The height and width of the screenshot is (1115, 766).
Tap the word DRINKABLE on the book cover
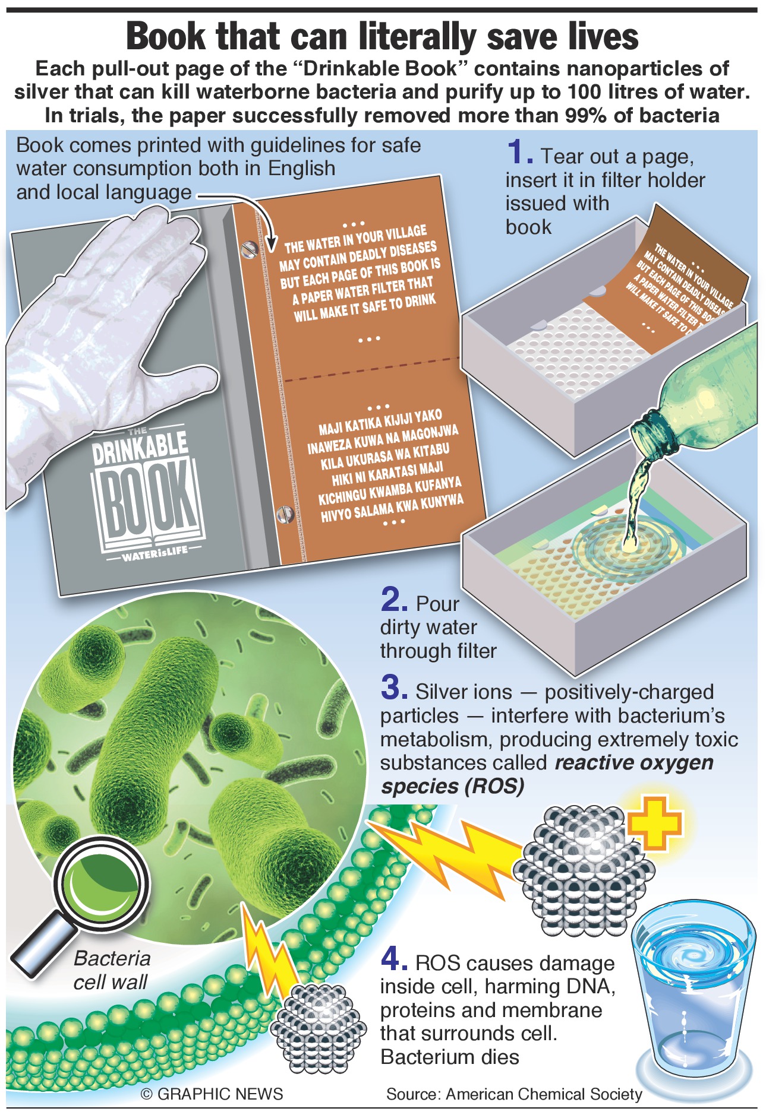pyautogui.click(x=140, y=446)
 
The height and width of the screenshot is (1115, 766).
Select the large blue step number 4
pyautogui.click(x=394, y=958)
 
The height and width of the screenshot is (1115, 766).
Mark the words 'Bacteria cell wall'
pyautogui.click(x=111, y=970)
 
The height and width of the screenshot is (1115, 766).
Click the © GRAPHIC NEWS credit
pyautogui.click(x=212, y=1094)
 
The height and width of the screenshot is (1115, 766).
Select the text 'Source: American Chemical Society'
pyautogui.click(x=514, y=1094)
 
